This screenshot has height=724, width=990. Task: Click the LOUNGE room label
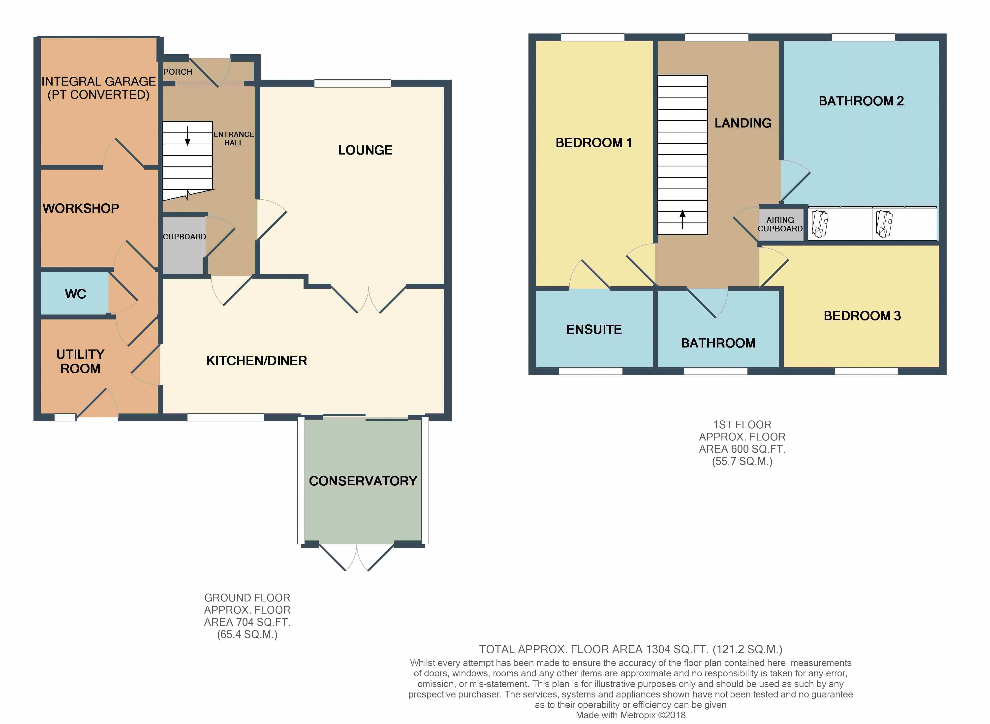click(x=365, y=150)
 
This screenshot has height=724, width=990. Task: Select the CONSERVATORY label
click(x=363, y=481)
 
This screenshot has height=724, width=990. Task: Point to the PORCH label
click(x=178, y=72)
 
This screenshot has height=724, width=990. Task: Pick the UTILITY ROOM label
click(x=80, y=361)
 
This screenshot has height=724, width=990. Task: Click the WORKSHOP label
click(x=81, y=208)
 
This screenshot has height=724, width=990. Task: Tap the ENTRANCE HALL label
click(x=234, y=138)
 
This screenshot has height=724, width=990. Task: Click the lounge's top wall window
click(x=352, y=83)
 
